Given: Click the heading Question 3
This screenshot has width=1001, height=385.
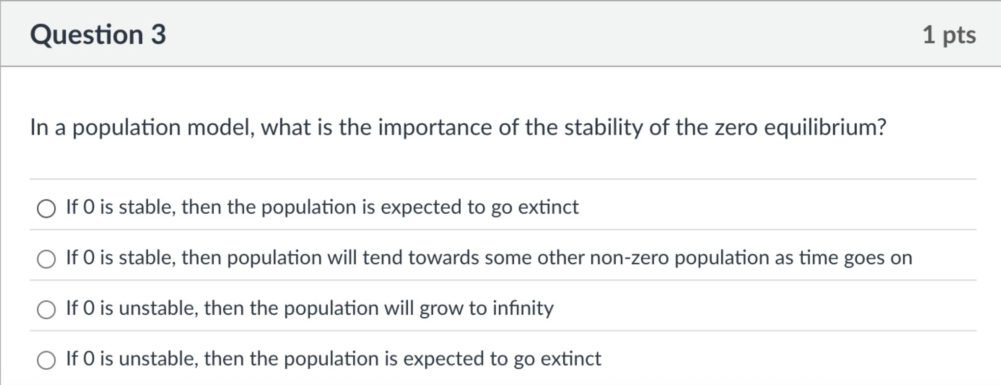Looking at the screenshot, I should [98, 35].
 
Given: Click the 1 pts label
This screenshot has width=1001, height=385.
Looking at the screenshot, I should [948, 35].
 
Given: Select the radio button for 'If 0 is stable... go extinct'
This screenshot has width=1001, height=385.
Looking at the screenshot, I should [46, 208].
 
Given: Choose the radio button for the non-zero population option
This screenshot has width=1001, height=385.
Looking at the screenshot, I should [46, 259].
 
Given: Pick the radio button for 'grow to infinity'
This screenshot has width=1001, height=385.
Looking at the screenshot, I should [46, 309].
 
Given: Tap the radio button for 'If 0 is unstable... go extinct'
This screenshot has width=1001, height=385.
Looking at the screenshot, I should [46, 360].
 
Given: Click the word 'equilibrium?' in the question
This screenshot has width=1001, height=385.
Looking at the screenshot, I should [825, 128].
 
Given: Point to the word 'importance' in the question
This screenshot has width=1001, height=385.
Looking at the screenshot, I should [435, 128].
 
